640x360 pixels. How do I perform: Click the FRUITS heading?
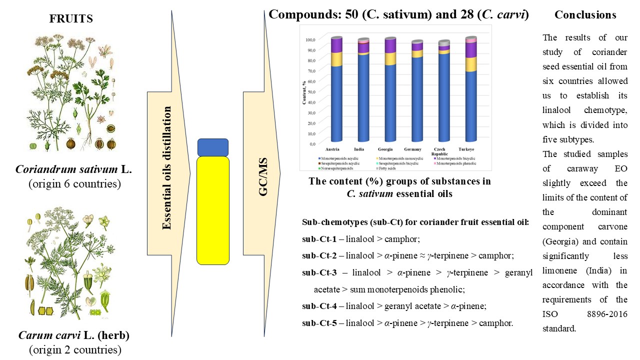[x=71, y=19]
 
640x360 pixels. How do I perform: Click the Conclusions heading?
[x=585, y=15]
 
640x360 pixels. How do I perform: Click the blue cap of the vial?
[x=213, y=147]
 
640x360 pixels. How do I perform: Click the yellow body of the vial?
[x=213, y=210]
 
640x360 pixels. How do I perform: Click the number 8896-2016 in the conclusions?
[x=606, y=315]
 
